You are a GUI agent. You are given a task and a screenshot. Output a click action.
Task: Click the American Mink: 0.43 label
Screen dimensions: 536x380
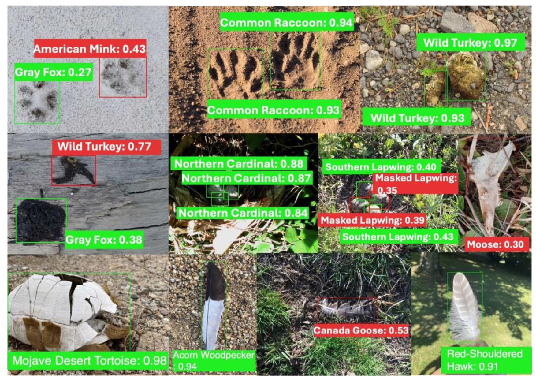[x=90, y=48]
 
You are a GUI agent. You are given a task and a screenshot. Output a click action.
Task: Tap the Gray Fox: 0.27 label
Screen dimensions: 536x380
[x=54, y=72]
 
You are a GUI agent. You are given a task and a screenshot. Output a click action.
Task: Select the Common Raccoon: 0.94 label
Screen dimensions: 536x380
[x=287, y=22]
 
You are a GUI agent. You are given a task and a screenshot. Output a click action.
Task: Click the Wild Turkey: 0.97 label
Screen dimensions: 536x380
[x=471, y=43]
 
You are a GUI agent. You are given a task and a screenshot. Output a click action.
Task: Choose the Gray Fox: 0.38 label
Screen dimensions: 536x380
[x=104, y=240]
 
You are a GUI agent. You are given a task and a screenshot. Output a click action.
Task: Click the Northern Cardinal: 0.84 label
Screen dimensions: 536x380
[x=243, y=213]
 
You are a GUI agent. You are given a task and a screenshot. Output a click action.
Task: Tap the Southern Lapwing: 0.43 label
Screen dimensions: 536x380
[x=398, y=237]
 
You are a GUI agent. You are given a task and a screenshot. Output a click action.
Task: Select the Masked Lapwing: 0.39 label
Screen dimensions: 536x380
[x=372, y=220]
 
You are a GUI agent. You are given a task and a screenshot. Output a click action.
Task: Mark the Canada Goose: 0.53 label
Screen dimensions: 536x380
[x=361, y=330]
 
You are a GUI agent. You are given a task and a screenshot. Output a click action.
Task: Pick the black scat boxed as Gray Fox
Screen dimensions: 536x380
[x=41, y=221]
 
